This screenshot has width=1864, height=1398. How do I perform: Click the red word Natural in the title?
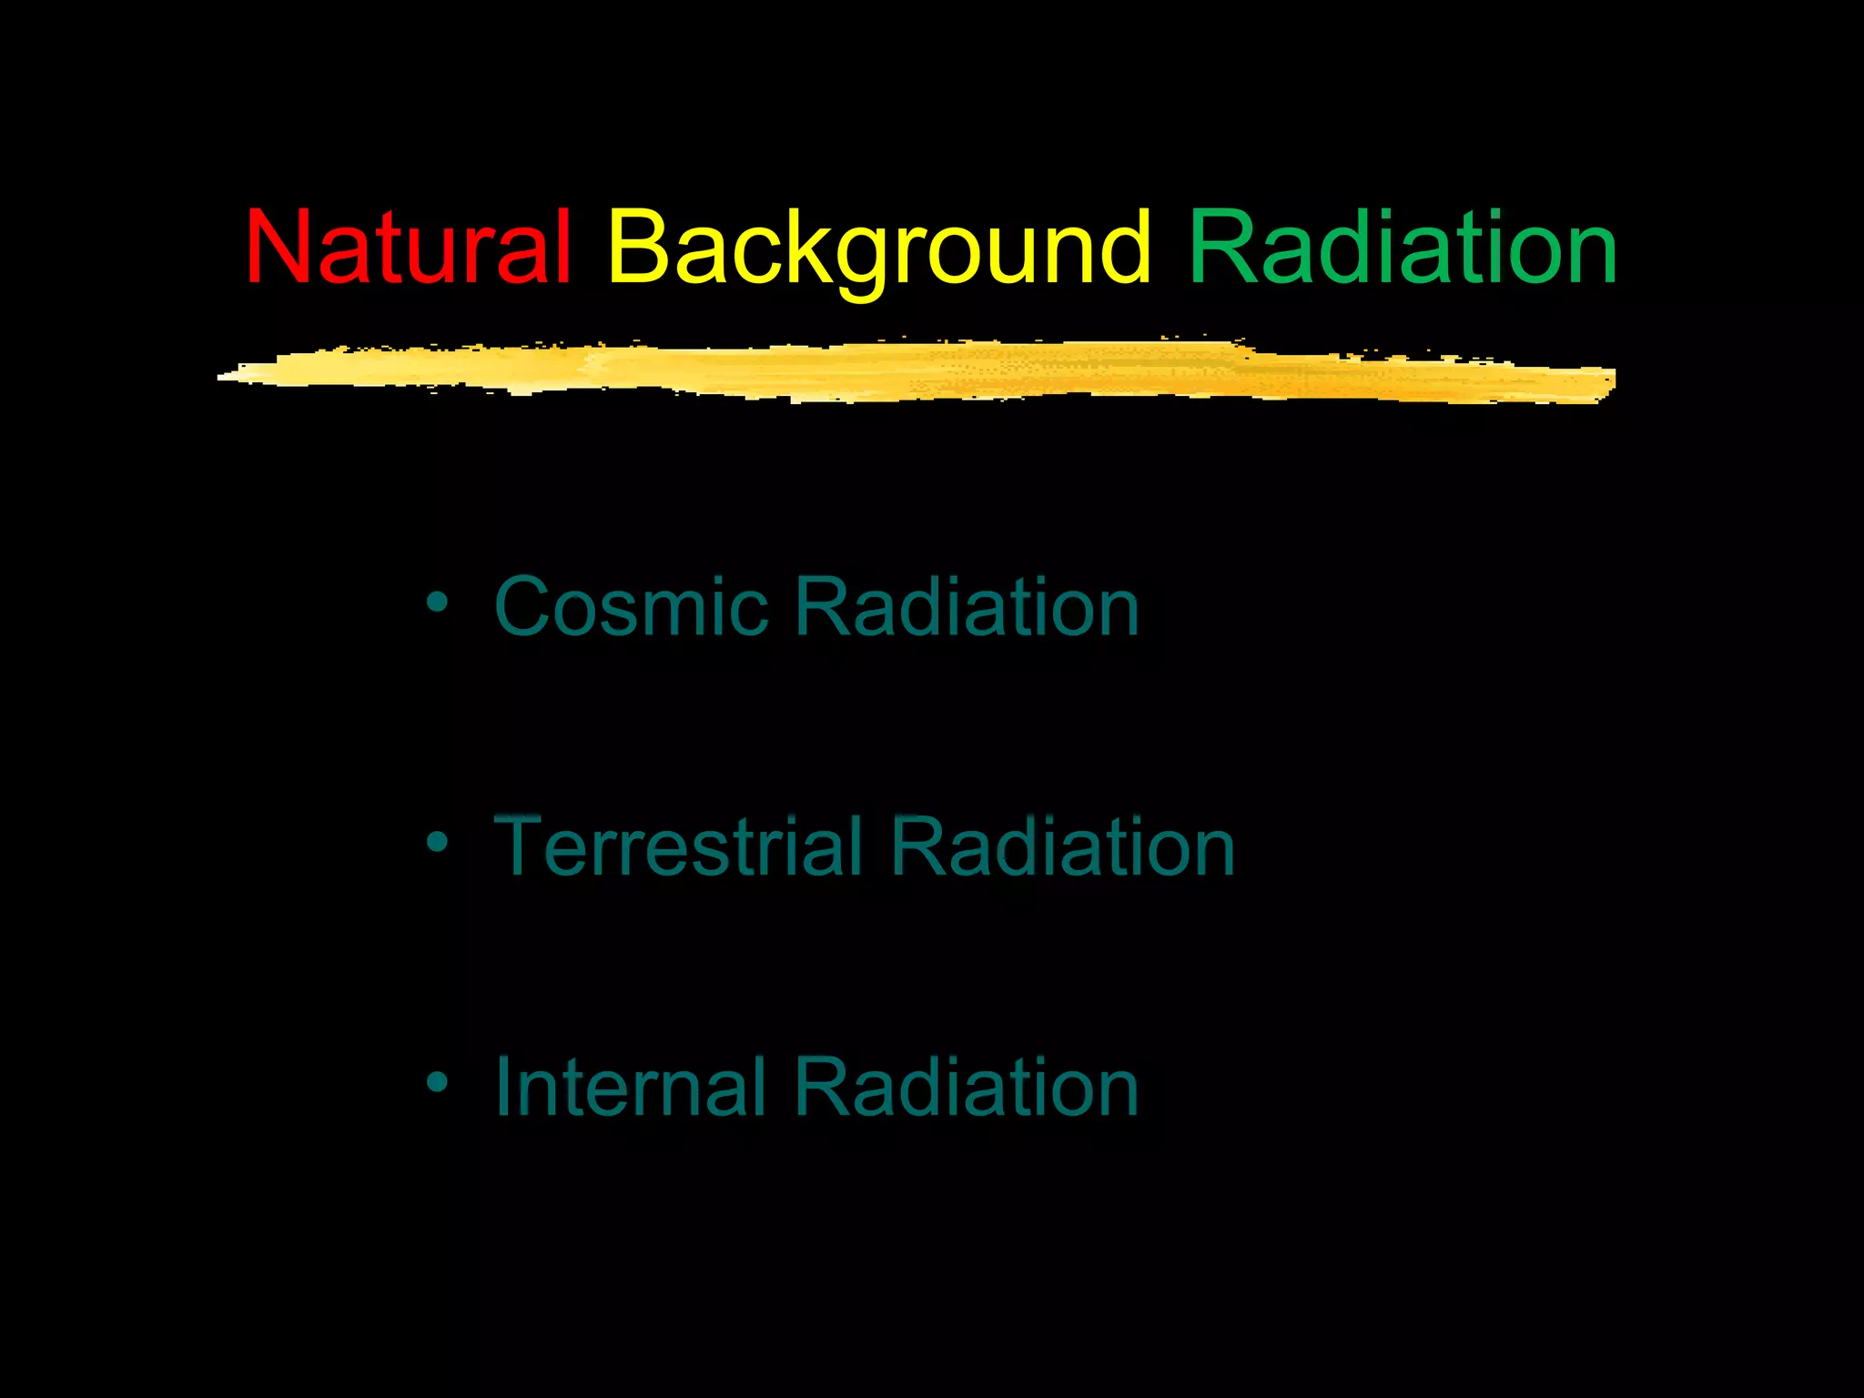coord(408,248)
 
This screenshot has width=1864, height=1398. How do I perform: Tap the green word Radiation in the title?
coord(1403,248)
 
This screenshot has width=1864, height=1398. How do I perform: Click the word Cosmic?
coord(631,607)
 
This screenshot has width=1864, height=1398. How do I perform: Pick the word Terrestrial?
coord(677,846)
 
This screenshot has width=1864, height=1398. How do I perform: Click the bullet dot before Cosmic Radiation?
coord(438,603)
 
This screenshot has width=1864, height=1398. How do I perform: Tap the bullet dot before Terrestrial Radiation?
coord(438,842)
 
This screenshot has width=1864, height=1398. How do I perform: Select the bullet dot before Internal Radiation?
coord(438,1082)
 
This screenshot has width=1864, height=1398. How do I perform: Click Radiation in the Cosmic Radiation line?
coord(967,607)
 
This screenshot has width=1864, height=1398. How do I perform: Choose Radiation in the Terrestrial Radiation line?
coord(1062,846)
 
